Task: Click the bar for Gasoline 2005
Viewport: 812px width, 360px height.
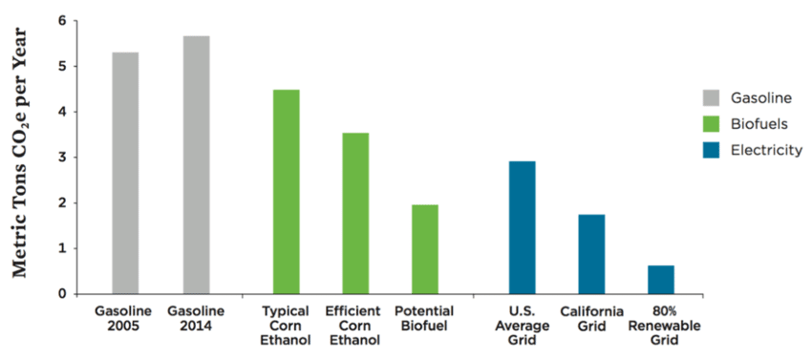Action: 125,173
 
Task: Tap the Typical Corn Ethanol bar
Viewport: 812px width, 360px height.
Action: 287,191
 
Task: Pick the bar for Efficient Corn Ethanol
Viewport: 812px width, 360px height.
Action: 355,213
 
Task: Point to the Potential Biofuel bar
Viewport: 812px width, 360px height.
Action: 425,248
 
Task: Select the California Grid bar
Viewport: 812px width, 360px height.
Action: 591,254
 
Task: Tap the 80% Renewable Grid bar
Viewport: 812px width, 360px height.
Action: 661,279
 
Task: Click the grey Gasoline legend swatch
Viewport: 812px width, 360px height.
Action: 712,98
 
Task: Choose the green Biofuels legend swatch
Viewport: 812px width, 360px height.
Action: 712,124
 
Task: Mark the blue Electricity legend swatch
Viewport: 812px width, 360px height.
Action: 712,150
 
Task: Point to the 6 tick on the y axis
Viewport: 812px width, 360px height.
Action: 62,21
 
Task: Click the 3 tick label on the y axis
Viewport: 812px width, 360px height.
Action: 62,158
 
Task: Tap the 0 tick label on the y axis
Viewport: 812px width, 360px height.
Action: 62,294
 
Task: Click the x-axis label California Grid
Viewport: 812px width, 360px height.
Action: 591,319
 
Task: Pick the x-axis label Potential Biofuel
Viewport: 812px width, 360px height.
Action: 425,319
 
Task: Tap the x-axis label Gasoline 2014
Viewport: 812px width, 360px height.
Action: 196,319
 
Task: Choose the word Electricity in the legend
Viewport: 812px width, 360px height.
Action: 766,150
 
